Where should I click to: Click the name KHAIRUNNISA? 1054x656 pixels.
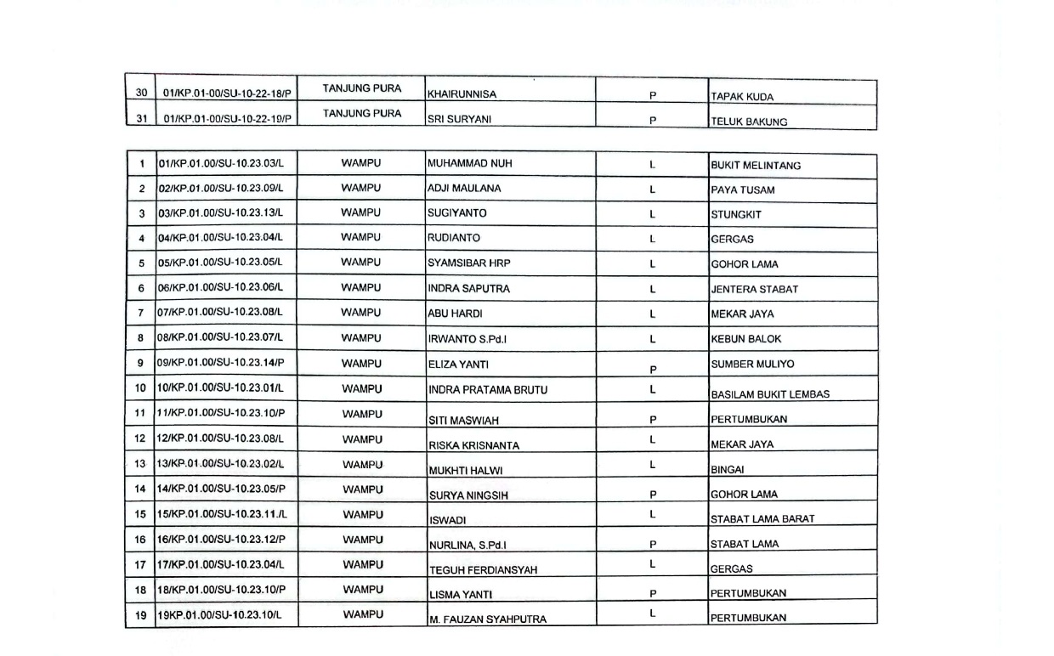coord(462,95)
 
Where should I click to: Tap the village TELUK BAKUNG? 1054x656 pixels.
coord(749,122)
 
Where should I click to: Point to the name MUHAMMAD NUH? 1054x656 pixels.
coord(470,163)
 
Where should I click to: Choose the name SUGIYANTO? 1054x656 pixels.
coord(457,213)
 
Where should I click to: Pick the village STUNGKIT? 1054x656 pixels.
coord(736,214)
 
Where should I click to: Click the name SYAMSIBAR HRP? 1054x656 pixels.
coord(469,263)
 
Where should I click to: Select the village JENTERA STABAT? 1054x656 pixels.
coord(755,289)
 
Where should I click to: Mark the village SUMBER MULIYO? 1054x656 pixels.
coord(752,364)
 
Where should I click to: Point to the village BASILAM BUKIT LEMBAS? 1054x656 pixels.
coord(770,394)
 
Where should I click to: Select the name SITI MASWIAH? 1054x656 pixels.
coord(463,420)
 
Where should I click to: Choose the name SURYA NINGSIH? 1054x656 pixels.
coord(468,495)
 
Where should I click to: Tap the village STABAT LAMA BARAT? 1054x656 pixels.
coord(762,519)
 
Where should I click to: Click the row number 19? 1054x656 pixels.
coord(141,614)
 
